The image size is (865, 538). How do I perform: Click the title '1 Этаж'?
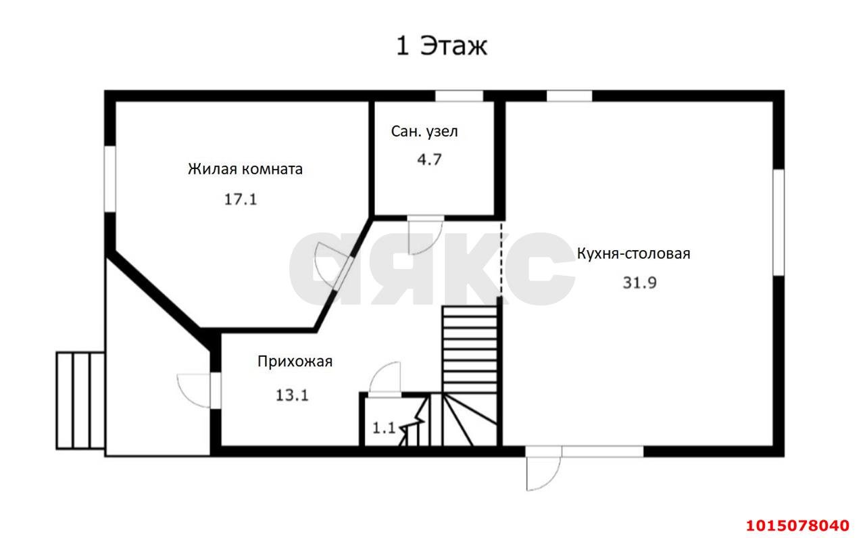point(441,47)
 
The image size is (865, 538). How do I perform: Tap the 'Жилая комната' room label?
point(245,169)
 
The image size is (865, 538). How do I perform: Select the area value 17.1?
point(241,199)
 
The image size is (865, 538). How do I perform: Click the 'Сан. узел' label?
point(424,131)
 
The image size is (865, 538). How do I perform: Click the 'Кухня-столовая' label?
point(633,253)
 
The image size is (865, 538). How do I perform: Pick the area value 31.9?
point(639,283)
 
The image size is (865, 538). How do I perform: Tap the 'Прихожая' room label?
point(295,361)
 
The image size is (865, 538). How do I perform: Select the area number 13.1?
point(292,395)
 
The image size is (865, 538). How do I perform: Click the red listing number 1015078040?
point(797,525)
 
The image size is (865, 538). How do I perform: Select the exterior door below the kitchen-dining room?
point(543,471)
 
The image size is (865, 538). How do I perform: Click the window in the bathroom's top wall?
point(458,96)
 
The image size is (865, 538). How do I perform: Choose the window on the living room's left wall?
point(109,179)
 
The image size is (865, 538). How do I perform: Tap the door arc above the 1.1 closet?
point(386,378)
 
